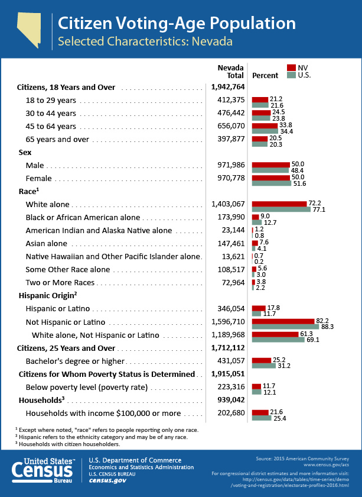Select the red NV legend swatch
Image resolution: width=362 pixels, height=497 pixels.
(291, 68)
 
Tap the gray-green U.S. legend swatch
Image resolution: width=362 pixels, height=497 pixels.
(291, 75)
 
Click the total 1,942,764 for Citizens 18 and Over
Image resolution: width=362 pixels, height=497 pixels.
(228, 87)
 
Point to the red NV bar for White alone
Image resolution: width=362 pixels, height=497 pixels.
(279, 204)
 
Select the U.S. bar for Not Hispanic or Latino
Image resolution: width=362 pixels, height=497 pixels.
(285, 327)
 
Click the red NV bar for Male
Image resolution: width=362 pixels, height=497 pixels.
(271, 165)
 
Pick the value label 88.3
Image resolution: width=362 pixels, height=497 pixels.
(327, 327)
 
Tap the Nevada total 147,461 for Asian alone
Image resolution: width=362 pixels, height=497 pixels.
(231, 243)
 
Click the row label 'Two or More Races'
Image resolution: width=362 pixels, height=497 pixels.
(60, 282)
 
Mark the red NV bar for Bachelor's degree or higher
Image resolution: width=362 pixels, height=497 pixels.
(262, 360)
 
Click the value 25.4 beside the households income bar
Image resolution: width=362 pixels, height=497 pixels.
(279, 418)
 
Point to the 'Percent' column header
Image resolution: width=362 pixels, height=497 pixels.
(265, 76)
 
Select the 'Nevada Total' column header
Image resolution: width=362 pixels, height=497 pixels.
(231, 72)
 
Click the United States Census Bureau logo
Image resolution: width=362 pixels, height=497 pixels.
(43, 470)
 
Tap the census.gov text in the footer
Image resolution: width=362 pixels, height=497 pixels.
(107, 480)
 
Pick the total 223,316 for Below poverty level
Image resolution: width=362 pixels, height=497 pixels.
(231, 387)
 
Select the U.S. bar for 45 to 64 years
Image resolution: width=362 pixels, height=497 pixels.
(265, 131)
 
